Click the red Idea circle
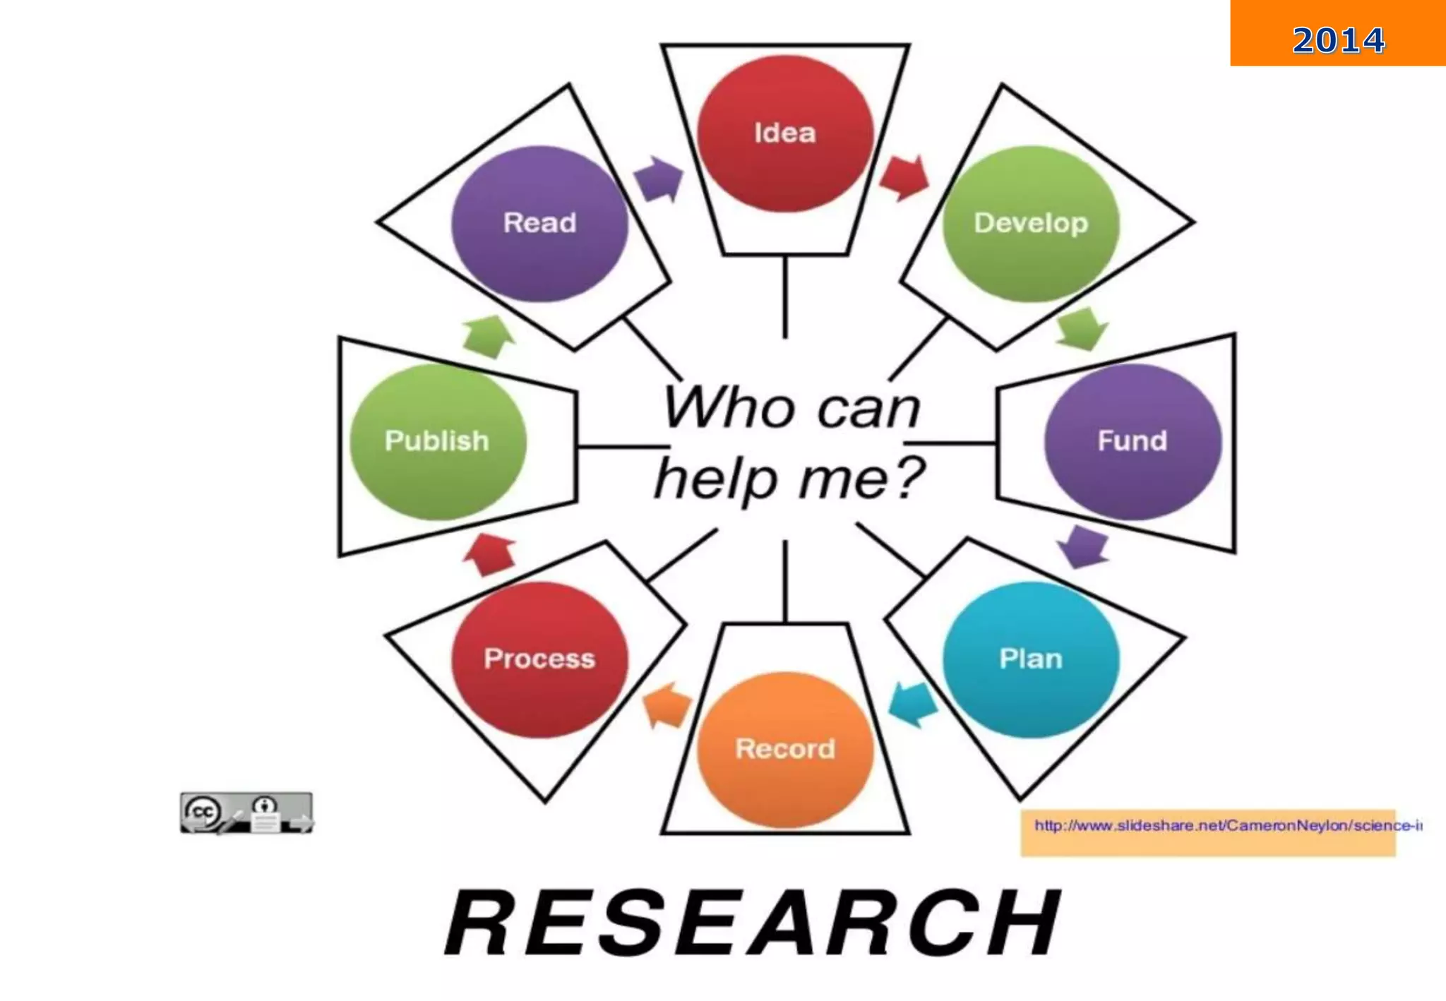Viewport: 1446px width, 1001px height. (785, 133)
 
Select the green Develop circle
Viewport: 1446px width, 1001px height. (1031, 223)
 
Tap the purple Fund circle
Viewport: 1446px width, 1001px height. (1133, 441)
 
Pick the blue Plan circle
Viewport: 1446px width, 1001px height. (1031, 659)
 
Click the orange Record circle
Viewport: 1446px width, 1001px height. (785, 749)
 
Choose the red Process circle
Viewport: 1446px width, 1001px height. (539, 659)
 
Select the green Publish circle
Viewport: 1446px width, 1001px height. (438, 441)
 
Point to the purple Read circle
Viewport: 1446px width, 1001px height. (539, 223)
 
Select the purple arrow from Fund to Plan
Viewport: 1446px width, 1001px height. (1083, 546)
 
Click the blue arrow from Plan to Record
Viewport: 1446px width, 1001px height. (913, 703)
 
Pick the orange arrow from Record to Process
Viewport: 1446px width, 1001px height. (666, 705)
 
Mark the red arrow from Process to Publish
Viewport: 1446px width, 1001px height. (489, 554)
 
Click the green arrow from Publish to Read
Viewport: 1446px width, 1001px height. (489, 336)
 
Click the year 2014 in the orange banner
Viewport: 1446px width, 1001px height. (1338, 40)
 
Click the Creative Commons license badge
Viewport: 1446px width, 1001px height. (246, 813)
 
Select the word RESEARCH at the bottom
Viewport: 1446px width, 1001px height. (753, 923)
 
